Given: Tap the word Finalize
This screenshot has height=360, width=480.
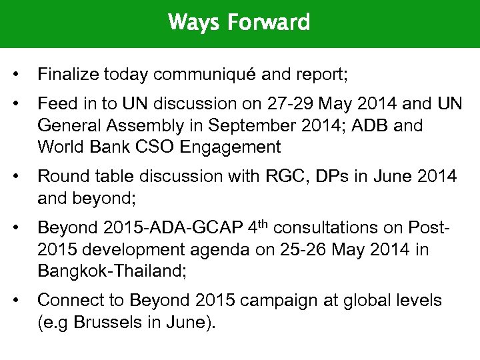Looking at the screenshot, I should pos(66,74).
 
